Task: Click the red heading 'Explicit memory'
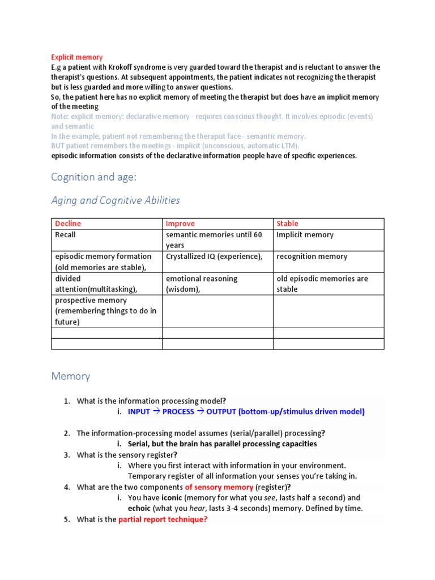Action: pyautogui.click(x=77, y=57)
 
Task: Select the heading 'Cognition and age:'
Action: pyautogui.click(x=93, y=177)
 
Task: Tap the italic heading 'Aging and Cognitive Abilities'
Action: pyautogui.click(x=116, y=200)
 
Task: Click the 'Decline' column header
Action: pyautogui.click(x=67, y=224)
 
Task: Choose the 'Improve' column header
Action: pyautogui.click(x=180, y=224)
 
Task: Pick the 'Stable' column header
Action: pyautogui.click(x=287, y=224)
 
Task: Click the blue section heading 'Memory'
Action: pyautogui.click(x=71, y=376)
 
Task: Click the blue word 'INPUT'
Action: pyautogui.click(x=139, y=412)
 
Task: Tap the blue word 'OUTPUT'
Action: pyautogui.click(x=221, y=412)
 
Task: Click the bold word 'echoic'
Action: pyautogui.click(x=139, y=508)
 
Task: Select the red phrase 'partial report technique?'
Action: pyautogui.click(x=163, y=519)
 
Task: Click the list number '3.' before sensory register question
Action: pyautogui.click(x=67, y=455)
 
